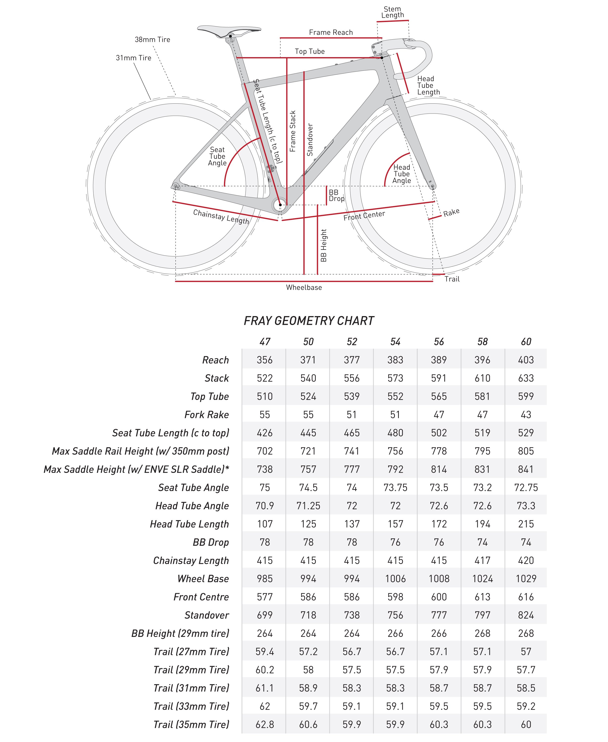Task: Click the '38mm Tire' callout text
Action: click(152, 40)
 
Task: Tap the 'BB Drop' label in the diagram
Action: click(336, 195)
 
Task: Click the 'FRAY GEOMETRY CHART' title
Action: click(309, 321)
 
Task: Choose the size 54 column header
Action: click(395, 342)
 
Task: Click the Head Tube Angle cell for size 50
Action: click(308, 506)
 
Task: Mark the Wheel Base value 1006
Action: click(395, 579)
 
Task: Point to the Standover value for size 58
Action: click(482, 615)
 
